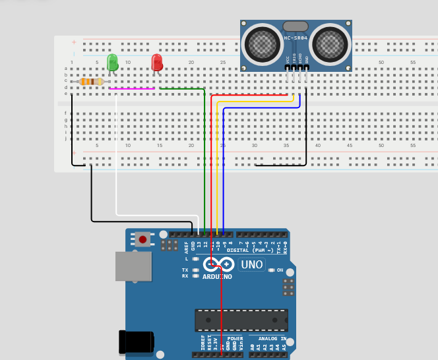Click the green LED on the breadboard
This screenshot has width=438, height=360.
(112, 63)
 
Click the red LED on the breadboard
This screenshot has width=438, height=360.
(157, 63)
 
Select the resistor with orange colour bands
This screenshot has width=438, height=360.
(91, 82)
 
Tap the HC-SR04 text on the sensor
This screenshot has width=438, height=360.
(296, 38)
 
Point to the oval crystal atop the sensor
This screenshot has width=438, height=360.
(296, 26)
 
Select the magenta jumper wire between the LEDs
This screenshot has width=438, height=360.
(132, 88)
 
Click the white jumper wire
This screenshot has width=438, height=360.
(117, 165)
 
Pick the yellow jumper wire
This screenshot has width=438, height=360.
(217, 165)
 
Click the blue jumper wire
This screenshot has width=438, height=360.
(224, 171)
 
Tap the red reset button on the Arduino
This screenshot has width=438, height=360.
(142, 239)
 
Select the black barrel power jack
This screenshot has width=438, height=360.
(135, 342)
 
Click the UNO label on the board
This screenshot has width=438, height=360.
(251, 264)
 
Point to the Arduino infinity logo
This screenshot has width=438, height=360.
(218, 264)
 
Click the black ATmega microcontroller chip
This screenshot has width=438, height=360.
(241, 320)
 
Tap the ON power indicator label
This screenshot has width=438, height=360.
(280, 270)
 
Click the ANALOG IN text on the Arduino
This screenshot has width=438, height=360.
(272, 338)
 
